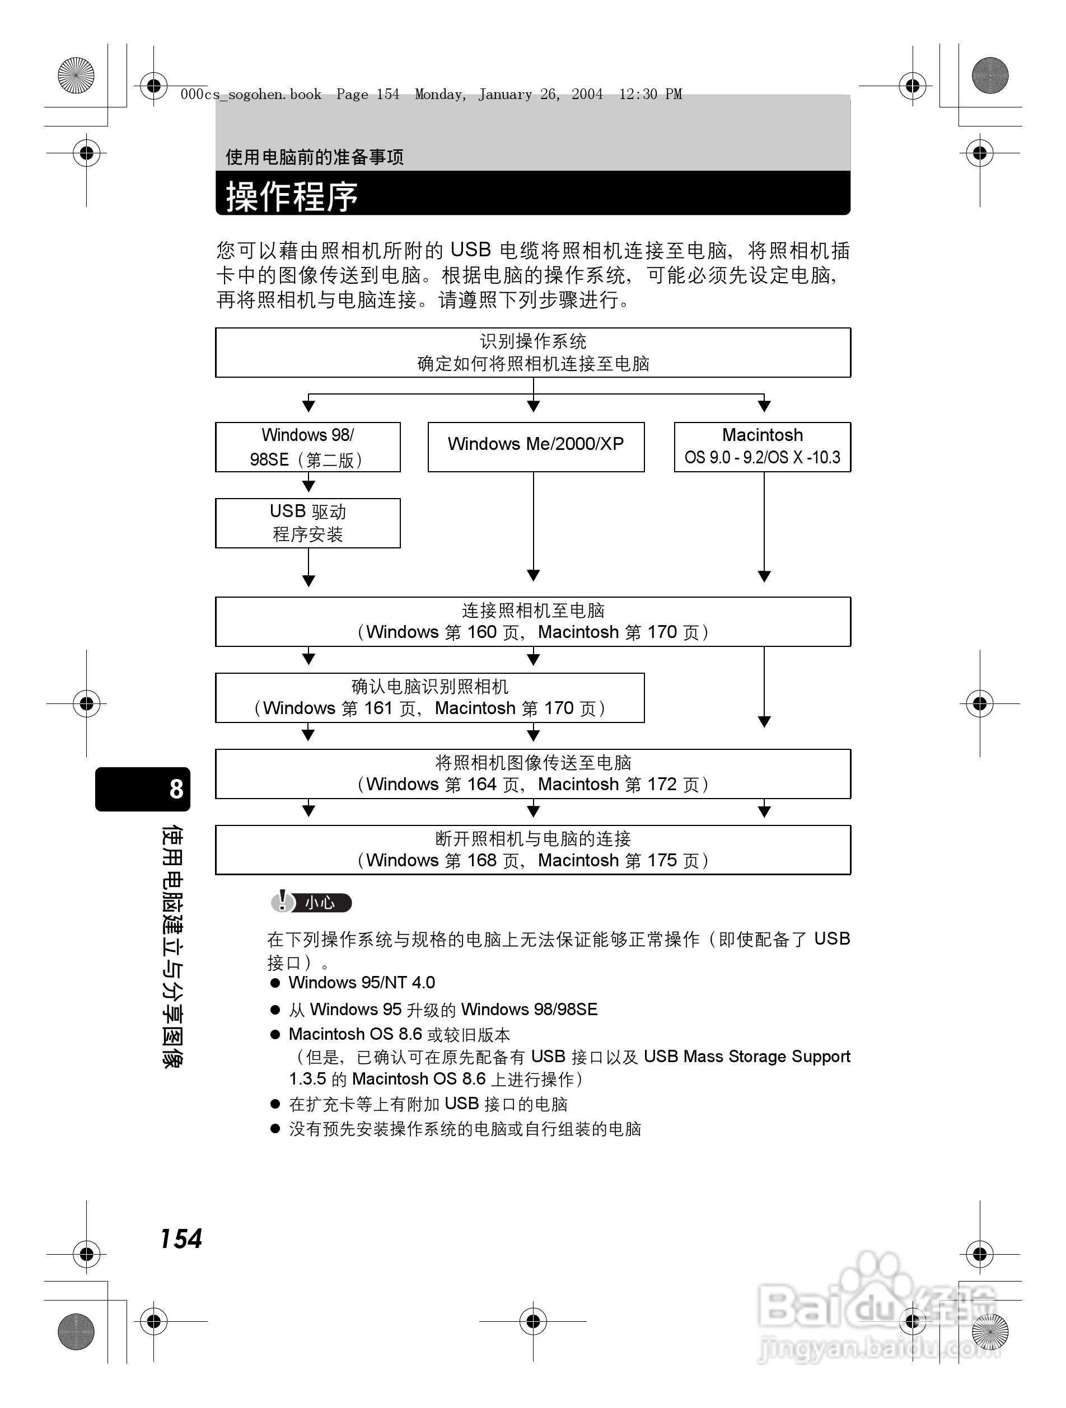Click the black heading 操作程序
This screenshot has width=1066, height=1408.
292,195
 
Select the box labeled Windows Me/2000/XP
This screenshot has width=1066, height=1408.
536,445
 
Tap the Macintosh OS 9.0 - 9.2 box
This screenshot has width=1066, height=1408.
762,446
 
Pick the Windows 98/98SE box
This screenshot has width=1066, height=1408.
307,446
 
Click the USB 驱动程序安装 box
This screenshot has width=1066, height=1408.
307,523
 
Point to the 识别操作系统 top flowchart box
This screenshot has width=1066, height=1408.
533,352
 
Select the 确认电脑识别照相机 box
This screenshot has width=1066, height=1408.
430,698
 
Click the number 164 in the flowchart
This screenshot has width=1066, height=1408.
481,784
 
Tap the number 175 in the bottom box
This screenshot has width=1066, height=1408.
662,861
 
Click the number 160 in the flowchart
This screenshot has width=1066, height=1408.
481,632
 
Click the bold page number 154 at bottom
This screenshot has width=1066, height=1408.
181,1238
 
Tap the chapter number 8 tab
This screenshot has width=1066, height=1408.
176,789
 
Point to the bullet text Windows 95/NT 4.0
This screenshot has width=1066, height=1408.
362,982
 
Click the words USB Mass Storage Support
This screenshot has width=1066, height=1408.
746,1057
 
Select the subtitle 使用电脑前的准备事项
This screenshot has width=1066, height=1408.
315,157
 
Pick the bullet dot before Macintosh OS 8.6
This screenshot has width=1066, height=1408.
275,1034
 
